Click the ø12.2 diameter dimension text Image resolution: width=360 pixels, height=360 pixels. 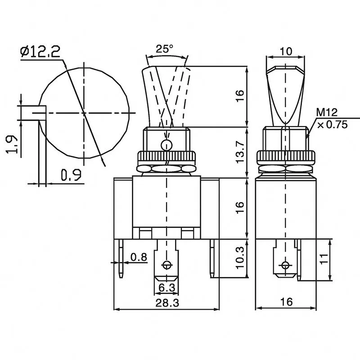point(40,53)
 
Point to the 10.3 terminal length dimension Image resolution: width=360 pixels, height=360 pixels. point(240,257)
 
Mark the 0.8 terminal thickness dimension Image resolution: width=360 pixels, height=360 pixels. point(138,257)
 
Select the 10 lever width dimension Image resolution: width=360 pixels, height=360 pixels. point(285,51)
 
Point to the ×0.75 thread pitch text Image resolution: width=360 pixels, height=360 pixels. point(332,125)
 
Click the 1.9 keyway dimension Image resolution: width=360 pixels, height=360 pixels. point(13,144)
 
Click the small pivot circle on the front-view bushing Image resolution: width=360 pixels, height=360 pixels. point(166,145)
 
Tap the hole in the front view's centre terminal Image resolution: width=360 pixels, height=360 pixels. point(167,265)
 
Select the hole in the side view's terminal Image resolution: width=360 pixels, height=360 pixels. point(284,264)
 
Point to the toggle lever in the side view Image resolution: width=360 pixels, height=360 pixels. point(285,94)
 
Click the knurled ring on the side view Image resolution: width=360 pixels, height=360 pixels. point(285,157)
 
